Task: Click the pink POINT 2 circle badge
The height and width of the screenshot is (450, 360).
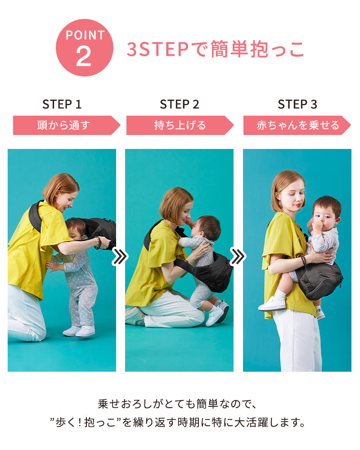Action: [x=85, y=48]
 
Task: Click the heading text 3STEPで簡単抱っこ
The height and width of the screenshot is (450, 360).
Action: [x=215, y=49]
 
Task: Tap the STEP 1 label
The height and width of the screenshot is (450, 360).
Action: [x=62, y=104]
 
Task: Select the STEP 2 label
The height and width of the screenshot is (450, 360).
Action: [x=180, y=104]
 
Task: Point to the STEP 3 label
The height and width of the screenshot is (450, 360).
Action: [x=297, y=104]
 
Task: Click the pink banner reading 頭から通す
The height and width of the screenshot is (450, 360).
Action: [x=67, y=125]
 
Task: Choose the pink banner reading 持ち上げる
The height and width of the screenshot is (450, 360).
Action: [x=180, y=125]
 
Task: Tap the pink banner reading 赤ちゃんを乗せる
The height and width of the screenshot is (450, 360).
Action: [x=297, y=125]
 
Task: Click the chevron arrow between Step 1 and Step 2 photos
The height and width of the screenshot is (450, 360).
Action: [x=120, y=256]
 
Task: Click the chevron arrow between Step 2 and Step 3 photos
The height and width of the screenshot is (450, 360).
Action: [x=238, y=256]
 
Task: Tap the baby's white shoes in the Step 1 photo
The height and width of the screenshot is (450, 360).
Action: [x=79, y=331]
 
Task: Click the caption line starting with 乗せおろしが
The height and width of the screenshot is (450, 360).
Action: [x=177, y=404]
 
